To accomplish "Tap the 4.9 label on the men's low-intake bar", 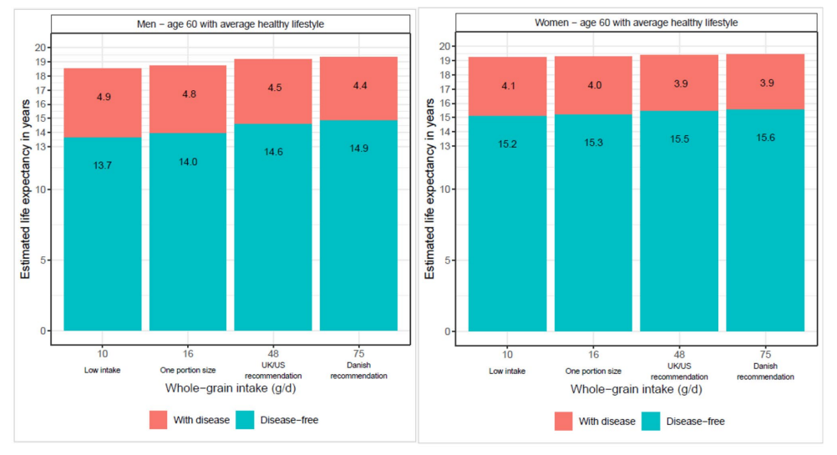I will coord(103,97).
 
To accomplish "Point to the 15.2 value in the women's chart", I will coord(507,144).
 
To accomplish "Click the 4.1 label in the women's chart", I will coord(507,85).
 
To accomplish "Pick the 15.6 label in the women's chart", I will coord(765,137).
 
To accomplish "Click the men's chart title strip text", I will coord(231,24).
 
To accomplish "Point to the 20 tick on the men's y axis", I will coord(41,48).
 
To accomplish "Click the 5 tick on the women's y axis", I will coord(449,260).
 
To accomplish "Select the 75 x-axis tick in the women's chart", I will coord(765,353).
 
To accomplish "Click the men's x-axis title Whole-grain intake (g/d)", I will coord(231,389).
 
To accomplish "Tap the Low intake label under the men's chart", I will coord(103,370).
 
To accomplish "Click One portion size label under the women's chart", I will coord(593,371).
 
